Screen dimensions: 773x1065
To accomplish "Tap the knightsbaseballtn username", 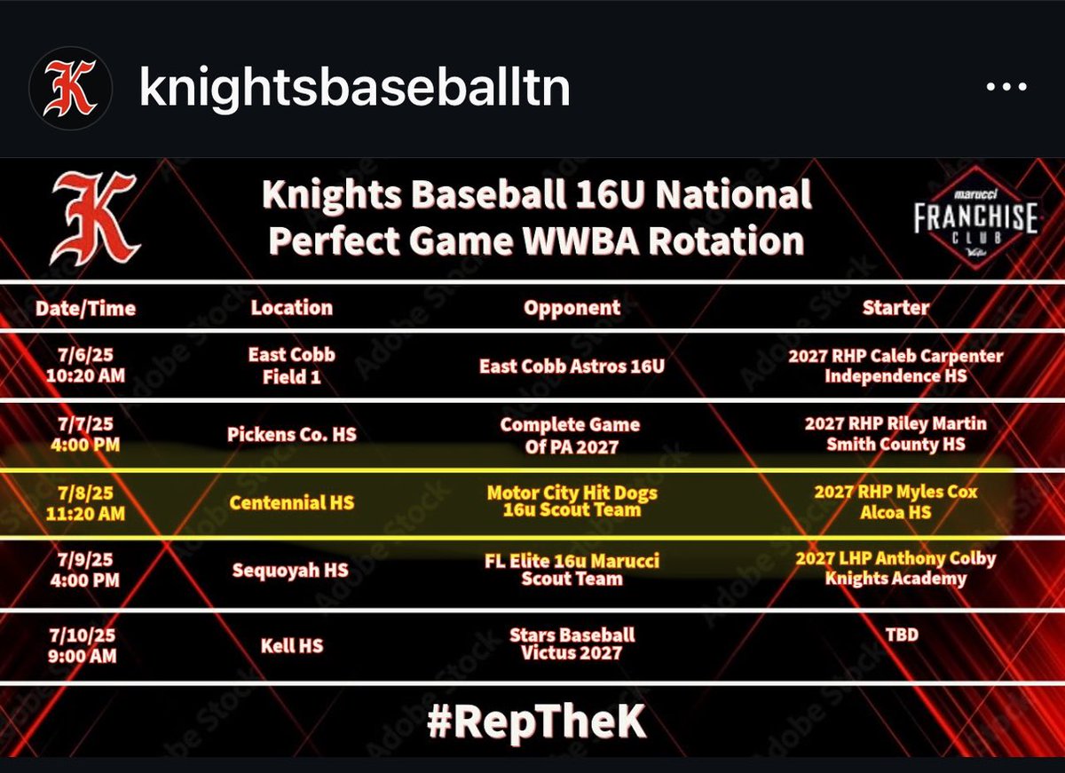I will pyautogui.click(x=354, y=88).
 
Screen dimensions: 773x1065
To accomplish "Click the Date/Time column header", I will pyautogui.click(x=85, y=308).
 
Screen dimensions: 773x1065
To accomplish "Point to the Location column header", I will pyautogui.click(x=291, y=307).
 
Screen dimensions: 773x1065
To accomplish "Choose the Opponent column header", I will pyautogui.click(x=572, y=308).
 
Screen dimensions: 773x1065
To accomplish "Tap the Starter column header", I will pyautogui.click(x=895, y=308).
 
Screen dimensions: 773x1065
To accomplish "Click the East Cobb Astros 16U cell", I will pyautogui.click(x=572, y=366).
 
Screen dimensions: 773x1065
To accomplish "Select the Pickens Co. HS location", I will pyautogui.click(x=291, y=435).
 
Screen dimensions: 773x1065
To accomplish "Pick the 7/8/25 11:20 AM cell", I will pyautogui.click(x=85, y=503).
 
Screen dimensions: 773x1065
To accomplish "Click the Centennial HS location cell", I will pyautogui.click(x=291, y=503).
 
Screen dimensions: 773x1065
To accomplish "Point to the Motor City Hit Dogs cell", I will pyautogui.click(x=572, y=501).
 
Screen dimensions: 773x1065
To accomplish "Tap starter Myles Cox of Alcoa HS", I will pyautogui.click(x=895, y=501).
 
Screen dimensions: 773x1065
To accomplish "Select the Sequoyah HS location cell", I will pyautogui.click(x=291, y=570).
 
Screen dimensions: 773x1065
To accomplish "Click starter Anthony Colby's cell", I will pyautogui.click(x=895, y=568).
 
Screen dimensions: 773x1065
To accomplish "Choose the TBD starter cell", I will pyautogui.click(x=895, y=636).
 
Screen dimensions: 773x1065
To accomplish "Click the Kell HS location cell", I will pyautogui.click(x=291, y=645).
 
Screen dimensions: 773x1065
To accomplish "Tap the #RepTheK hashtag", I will pyautogui.click(x=536, y=723).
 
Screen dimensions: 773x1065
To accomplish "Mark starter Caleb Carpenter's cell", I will pyautogui.click(x=895, y=366).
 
